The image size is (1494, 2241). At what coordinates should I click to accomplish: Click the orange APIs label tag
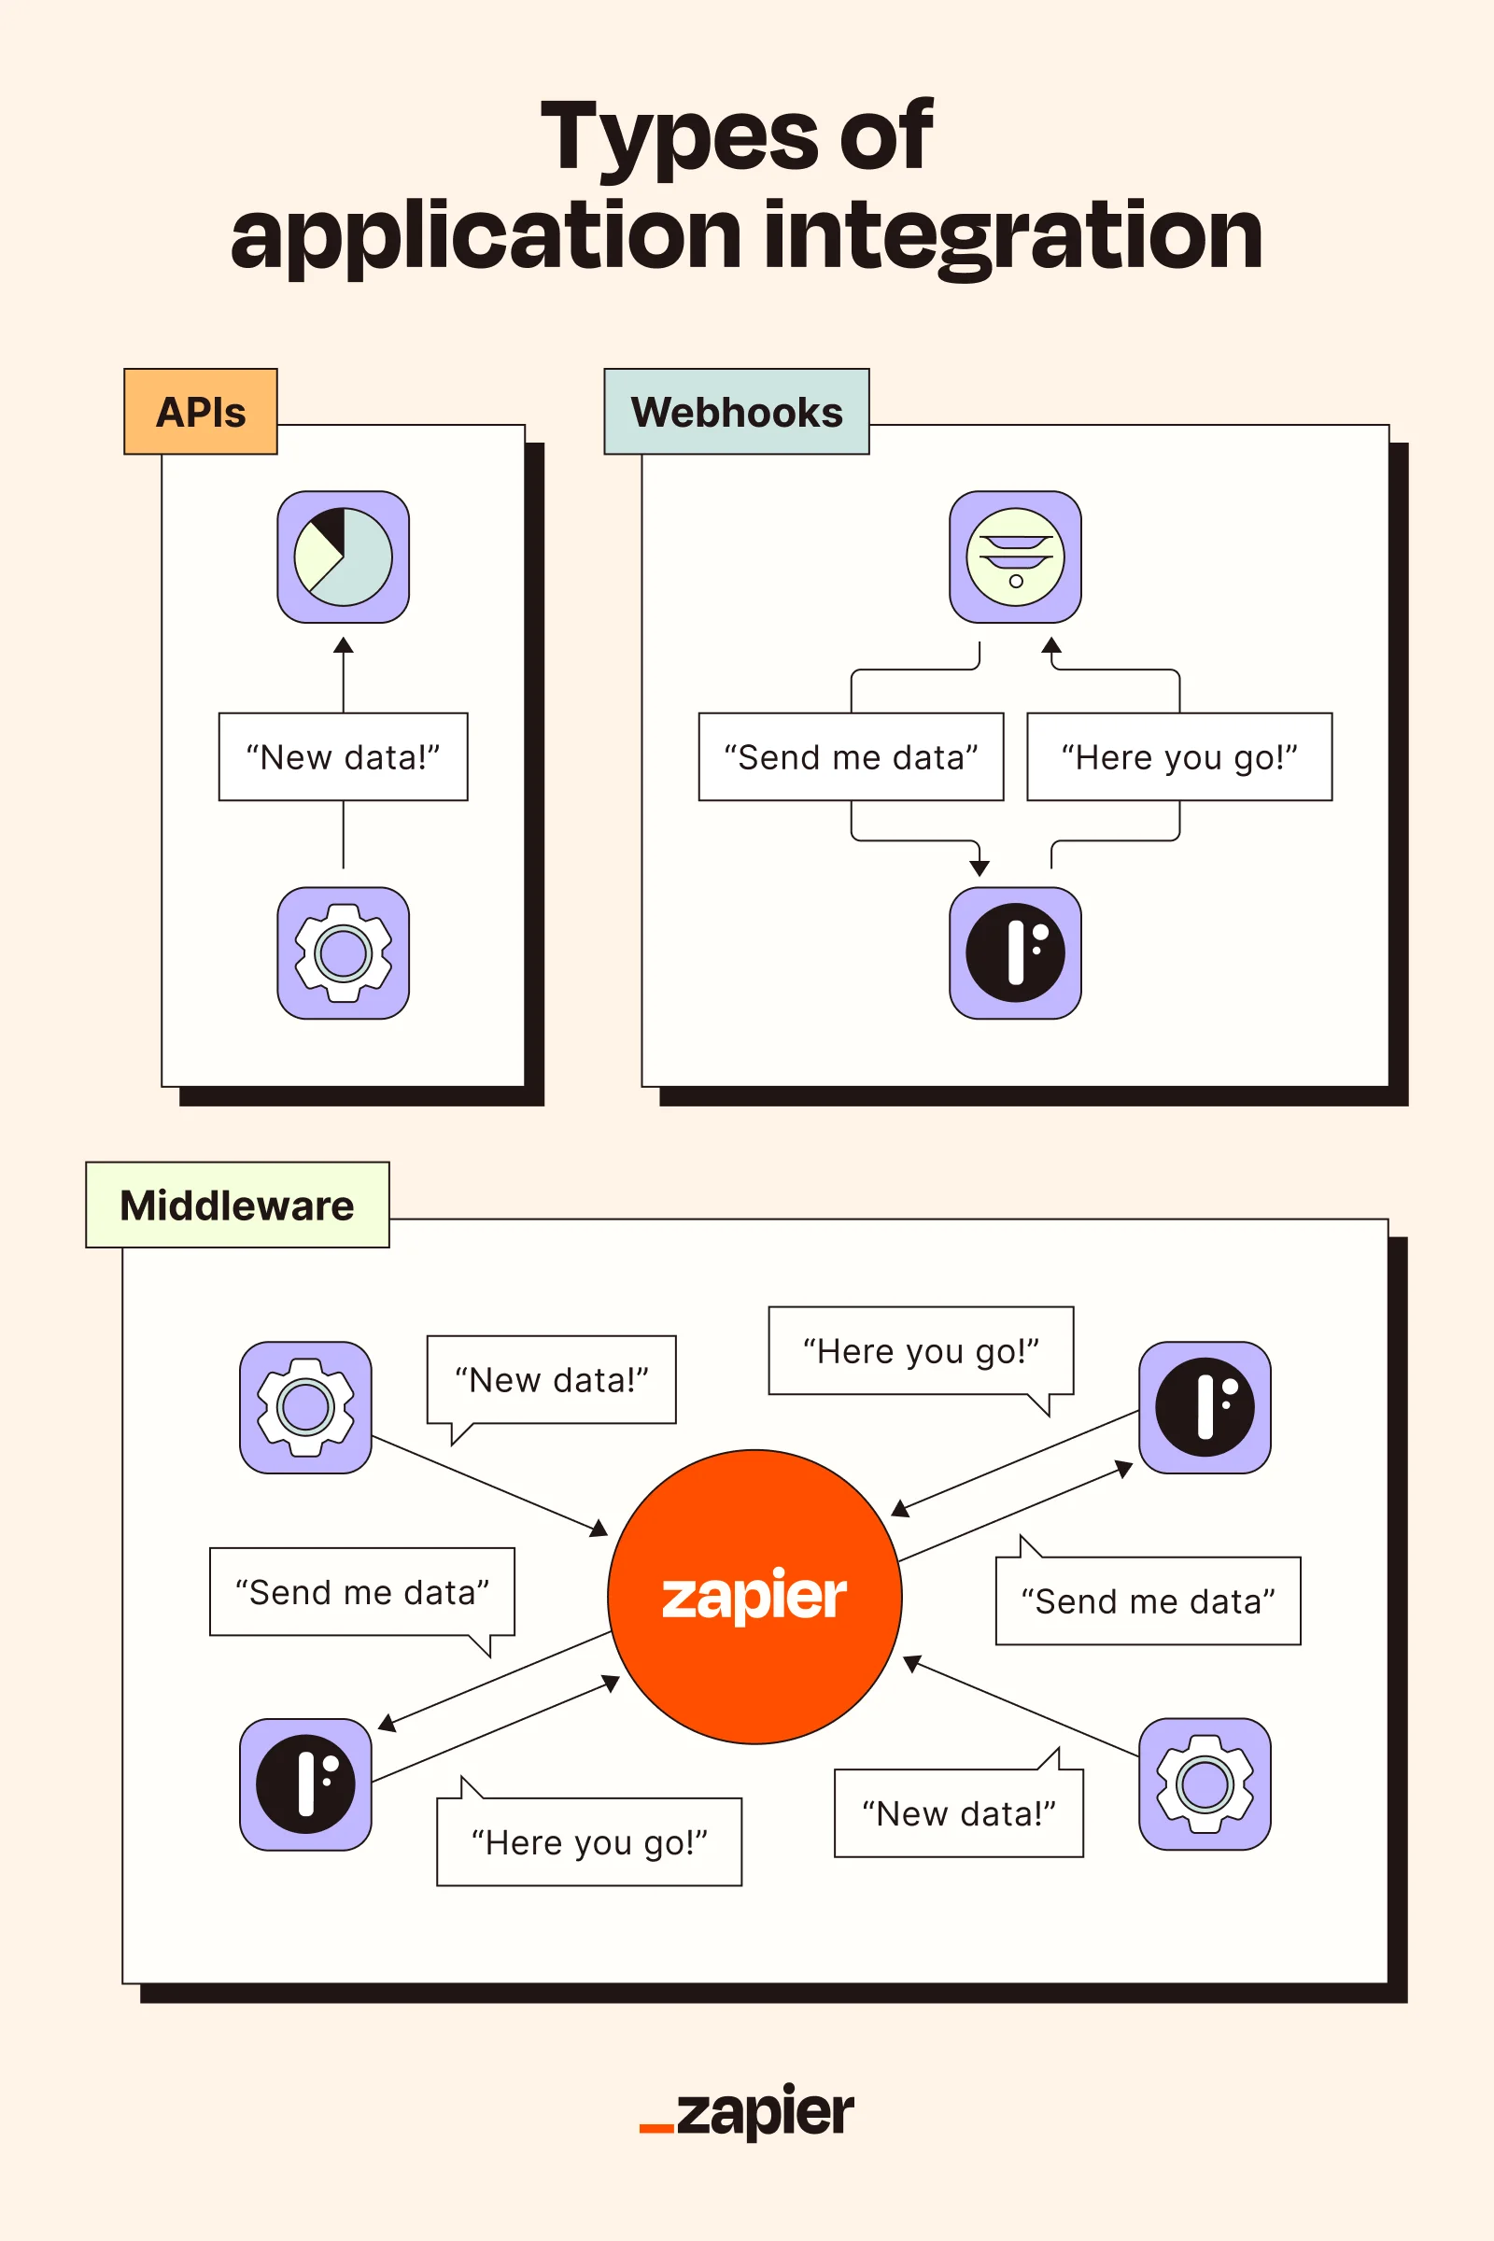tap(200, 412)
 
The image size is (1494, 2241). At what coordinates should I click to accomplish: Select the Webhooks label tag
tap(736, 412)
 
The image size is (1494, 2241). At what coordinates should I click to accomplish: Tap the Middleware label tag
tap(237, 1205)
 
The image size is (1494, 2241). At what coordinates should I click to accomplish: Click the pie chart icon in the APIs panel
tap(343, 557)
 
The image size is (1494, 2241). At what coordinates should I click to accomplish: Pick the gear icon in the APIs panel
tap(343, 952)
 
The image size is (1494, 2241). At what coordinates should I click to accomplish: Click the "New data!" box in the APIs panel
tap(343, 757)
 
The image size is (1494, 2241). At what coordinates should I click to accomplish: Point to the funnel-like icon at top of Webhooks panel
tap(1015, 557)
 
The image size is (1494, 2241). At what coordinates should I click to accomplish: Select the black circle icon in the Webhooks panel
tap(1015, 952)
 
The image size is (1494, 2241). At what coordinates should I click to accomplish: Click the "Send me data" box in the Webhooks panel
tap(851, 757)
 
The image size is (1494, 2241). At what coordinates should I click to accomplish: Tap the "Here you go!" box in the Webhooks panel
tap(1178, 757)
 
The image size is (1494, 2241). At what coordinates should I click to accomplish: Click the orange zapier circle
tap(754, 1597)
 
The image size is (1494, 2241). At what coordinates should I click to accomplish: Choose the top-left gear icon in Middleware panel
tap(305, 1407)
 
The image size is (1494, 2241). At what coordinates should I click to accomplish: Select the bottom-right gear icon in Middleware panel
tap(1205, 1783)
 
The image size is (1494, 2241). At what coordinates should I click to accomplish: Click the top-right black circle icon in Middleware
tap(1205, 1407)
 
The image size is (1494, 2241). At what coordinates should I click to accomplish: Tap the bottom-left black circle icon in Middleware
tap(305, 1783)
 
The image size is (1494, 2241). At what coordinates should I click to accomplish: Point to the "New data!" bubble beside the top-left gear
tap(551, 1380)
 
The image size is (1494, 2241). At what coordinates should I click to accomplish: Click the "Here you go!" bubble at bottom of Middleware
tap(589, 1842)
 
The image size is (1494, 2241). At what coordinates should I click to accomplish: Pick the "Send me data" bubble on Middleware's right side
tap(1148, 1601)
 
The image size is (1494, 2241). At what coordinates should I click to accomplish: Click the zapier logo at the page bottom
tap(748, 2113)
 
